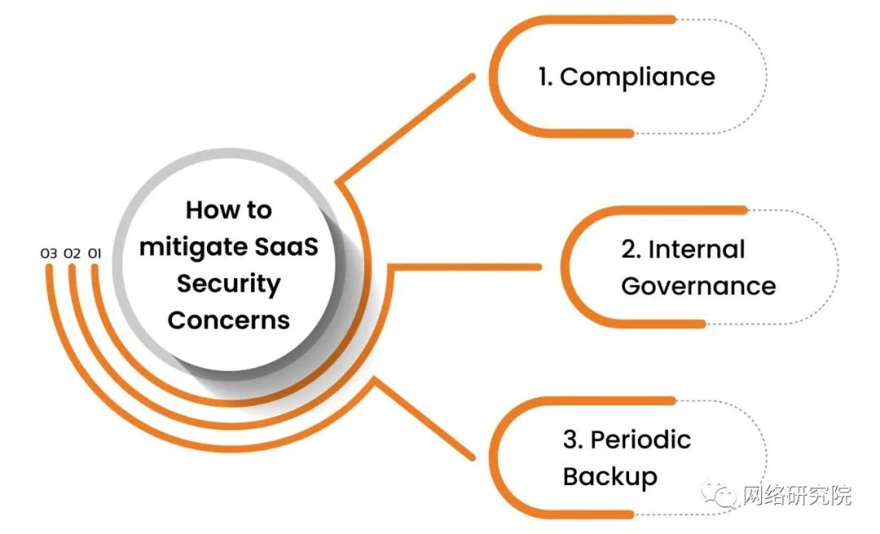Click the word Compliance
click(x=637, y=77)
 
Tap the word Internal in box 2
click(x=697, y=249)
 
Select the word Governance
click(x=698, y=286)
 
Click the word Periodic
click(x=641, y=440)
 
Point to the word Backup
click(x=610, y=477)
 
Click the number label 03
click(x=49, y=253)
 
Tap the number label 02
click(x=73, y=253)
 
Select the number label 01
click(x=95, y=253)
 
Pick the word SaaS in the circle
click(x=286, y=247)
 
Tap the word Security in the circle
click(x=228, y=284)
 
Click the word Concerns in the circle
click(x=228, y=320)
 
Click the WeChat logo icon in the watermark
click(x=719, y=493)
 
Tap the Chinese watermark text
click(x=796, y=495)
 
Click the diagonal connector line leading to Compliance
click(x=405, y=129)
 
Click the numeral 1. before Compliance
click(x=545, y=77)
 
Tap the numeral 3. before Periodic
click(x=574, y=440)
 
